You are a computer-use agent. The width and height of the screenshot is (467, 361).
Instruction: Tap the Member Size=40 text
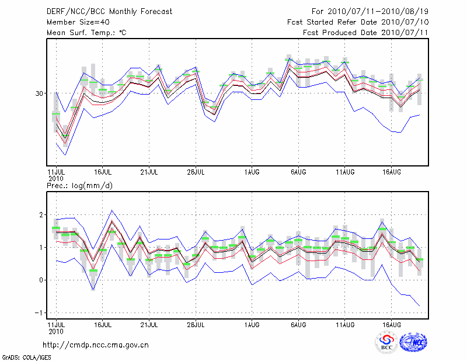(x=74, y=22)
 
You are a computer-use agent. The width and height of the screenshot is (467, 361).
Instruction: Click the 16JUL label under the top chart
(x=103, y=172)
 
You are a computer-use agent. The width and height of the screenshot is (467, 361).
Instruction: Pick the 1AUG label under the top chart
(x=252, y=172)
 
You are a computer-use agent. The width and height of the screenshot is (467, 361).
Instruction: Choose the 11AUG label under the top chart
(x=345, y=172)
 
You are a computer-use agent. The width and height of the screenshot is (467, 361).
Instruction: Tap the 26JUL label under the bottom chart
(x=196, y=325)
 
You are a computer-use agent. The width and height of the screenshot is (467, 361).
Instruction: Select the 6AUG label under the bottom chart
(x=298, y=325)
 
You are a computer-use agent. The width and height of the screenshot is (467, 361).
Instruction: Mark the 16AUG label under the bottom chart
(x=392, y=325)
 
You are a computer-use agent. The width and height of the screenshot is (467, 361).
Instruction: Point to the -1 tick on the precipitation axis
(x=40, y=313)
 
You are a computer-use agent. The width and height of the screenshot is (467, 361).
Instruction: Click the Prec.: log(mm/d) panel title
(x=80, y=186)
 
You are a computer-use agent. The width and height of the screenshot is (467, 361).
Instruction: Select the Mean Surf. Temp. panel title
(x=86, y=33)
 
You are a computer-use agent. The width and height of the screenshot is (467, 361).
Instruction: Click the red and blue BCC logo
(x=386, y=342)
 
